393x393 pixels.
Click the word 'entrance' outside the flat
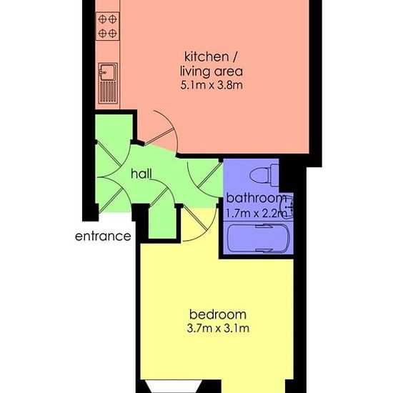[x=103, y=237]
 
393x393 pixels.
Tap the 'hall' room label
[x=141, y=174]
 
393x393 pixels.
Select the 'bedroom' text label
[x=218, y=314]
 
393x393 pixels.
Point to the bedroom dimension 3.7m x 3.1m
[x=218, y=328]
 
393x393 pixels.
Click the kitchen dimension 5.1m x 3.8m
[x=212, y=85]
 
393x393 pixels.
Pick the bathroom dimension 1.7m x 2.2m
[x=256, y=214]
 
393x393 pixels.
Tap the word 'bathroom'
[x=256, y=198]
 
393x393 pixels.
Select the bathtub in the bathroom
[x=259, y=238]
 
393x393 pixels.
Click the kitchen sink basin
[x=108, y=72]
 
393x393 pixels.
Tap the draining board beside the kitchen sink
[x=108, y=92]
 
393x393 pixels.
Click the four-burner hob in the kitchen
[x=107, y=26]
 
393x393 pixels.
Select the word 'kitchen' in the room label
[x=207, y=57]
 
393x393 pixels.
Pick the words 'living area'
[x=212, y=71]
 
